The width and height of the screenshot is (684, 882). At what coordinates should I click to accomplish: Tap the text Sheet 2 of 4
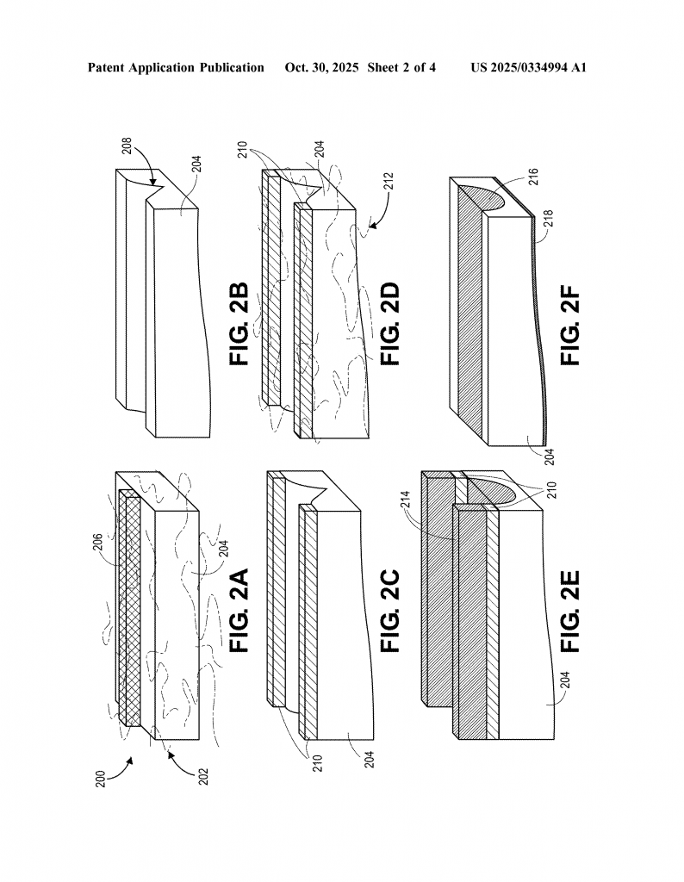click(401, 67)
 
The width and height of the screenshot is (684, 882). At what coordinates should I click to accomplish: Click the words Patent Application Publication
click(176, 67)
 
